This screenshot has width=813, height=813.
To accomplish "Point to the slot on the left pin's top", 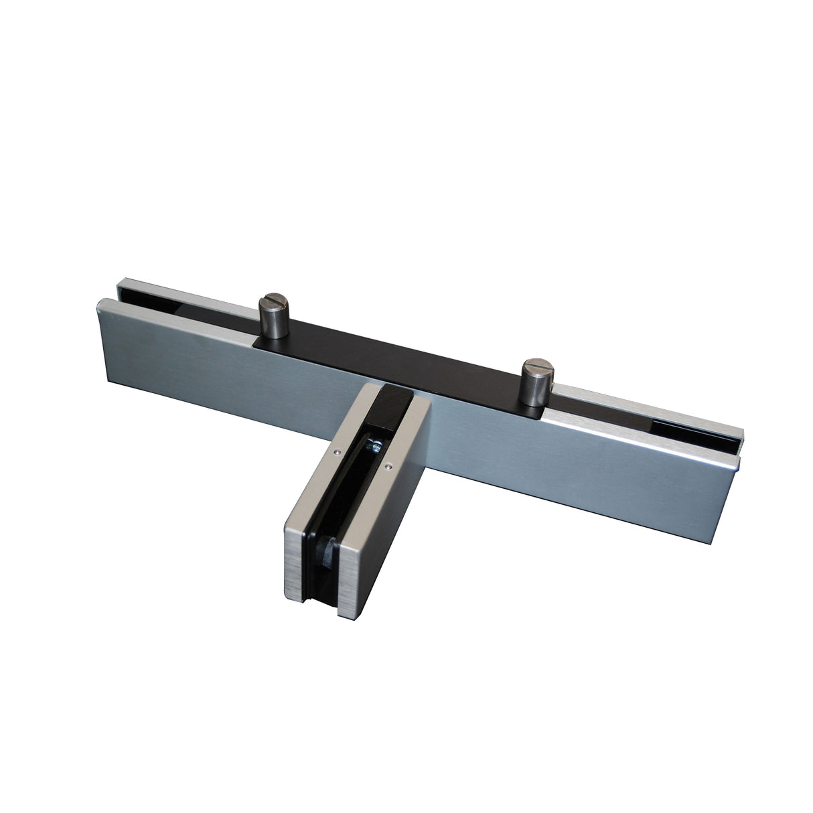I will click(x=272, y=297).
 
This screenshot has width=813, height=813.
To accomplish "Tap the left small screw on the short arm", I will click(x=335, y=452).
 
